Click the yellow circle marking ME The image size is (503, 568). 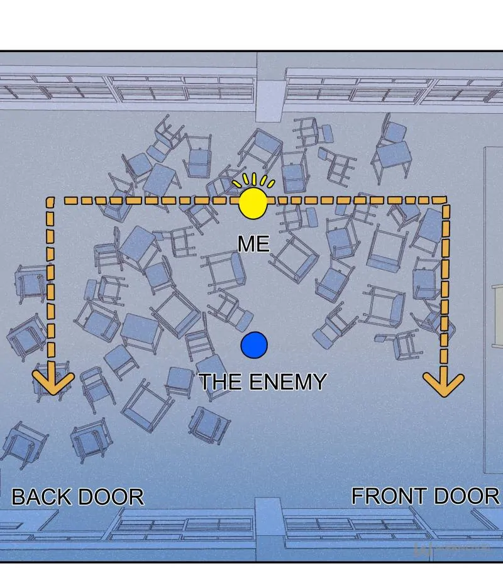253,203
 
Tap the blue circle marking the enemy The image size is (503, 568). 254,345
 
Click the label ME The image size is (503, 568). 253,244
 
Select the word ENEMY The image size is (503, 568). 288,381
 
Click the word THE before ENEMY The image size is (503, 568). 221,381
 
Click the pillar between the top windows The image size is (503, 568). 269,87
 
